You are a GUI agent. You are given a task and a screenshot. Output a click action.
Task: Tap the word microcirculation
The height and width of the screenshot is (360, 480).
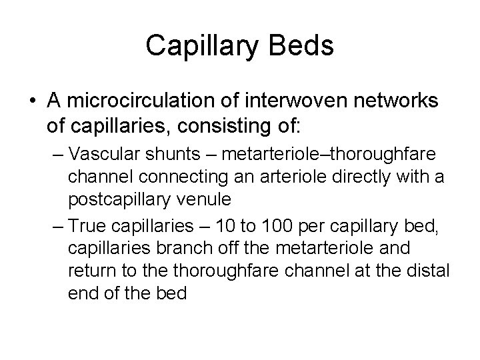point(131,100)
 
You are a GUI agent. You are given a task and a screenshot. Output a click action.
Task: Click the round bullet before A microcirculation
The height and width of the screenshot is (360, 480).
point(32,101)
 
